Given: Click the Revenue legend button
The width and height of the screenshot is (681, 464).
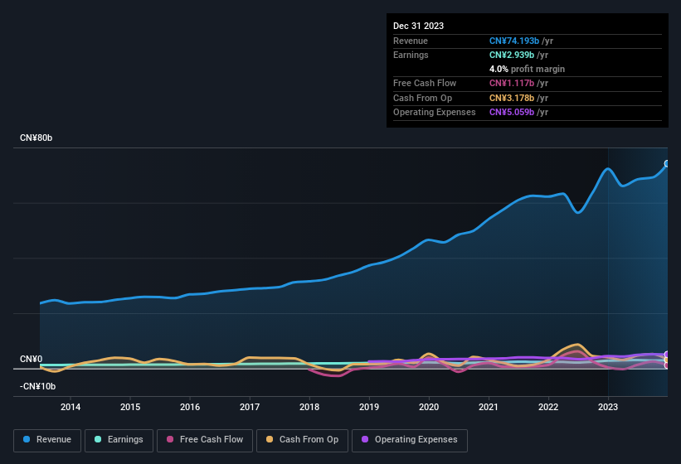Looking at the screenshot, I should pyautogui.click(x=48, y=440).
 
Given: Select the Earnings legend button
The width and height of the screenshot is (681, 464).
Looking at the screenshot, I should pyautogui.click(x=119, y=440).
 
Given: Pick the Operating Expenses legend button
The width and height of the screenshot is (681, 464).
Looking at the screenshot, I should pyautogui.click(x=410, y=440).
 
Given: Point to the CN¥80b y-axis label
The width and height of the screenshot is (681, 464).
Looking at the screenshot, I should pyautogui.click(x=36, y=138).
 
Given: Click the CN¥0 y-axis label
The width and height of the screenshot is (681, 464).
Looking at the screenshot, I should pyautogui.click(x=31, y=359).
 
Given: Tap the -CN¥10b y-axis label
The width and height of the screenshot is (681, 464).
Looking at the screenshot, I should pyautogui.click(x=38, y=386).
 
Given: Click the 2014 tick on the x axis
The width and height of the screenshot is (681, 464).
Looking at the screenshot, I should pyautogui.click(x=71, y=407).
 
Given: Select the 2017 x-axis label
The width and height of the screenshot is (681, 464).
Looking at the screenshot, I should pyautogui.click(x=250, y=407).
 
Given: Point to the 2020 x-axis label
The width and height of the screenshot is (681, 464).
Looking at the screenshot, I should pyautogui.click(x=429, y=407).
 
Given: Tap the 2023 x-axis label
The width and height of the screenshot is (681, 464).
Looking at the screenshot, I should pyautogui.click(x=608, y=407).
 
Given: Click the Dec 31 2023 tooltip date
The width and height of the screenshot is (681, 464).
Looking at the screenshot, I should pyautogui.click(x=418, y=26).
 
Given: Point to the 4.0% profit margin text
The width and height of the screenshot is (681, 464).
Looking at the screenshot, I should pyautogui.click(x=527, y=69).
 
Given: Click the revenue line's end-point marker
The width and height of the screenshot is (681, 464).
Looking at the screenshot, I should pyautogui.click(x=667, y=164).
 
